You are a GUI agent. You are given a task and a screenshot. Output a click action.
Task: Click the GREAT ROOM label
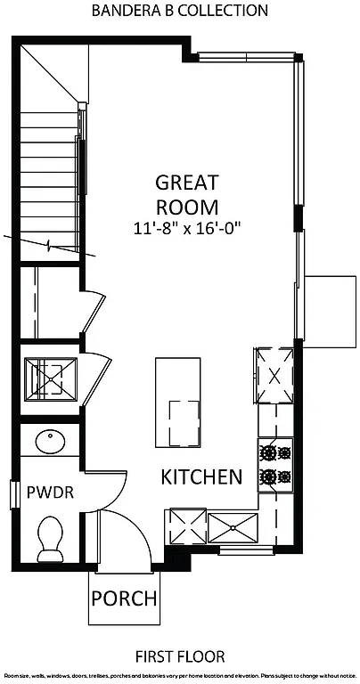pos(187,194)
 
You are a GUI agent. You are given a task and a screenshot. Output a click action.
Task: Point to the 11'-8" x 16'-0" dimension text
pos(187,229)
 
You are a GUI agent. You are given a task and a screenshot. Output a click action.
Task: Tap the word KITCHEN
pos(201,476)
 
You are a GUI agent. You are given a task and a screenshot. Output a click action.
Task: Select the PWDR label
pos(44,492)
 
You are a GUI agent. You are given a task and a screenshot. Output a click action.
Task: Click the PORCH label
pos(125,598)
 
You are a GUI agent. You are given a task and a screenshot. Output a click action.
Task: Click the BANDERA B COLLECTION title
pos(180,11)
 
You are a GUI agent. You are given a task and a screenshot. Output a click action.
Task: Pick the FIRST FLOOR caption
pos(180,656)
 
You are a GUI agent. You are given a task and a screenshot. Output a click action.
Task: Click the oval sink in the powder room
pos(49,443)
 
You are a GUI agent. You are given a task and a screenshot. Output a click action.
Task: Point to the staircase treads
pos(49,178)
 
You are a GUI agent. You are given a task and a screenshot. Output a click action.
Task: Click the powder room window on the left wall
pos(15,493)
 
